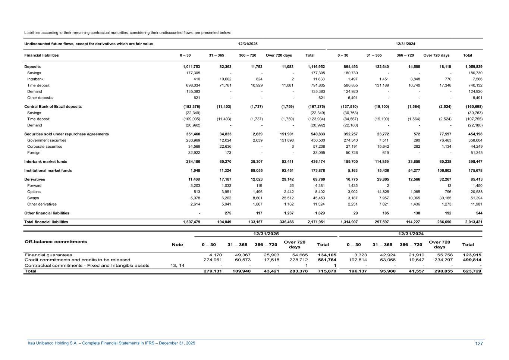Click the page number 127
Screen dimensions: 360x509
pyautogui.click(x=479, y=343)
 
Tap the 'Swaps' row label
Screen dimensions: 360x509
pyautogui.click(x=33, y=198)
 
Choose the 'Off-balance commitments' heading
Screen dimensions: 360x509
pyautogui.click(x=56, y=242)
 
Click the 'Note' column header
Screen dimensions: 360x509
pyautogui.click(x=177, y=245)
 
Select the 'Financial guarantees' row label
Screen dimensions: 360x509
pyautogui.click(x=48, y=255)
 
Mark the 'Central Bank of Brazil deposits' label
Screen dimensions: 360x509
pyautogui.click(x=53, y=107)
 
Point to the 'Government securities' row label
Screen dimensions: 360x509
pyautogui.click(x=47, y=140)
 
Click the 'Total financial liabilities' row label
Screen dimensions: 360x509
pyautogui.click(x=46, y=222)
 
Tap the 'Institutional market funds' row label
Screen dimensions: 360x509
pyautogui.click(x=48, y=170)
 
